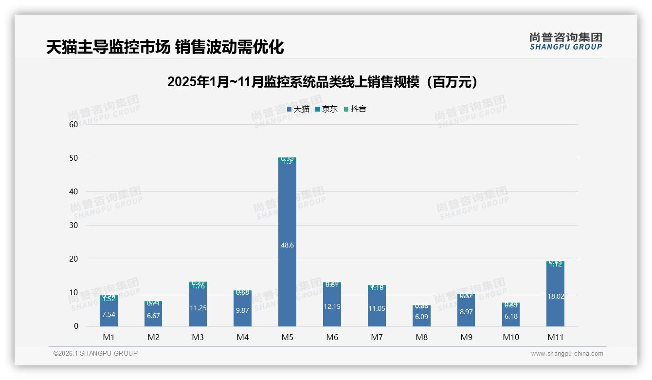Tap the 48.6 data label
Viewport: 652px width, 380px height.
(x=287, y=245)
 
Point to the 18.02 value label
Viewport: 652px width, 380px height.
(x=555, y=296)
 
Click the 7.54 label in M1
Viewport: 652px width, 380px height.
(x=109, y=314)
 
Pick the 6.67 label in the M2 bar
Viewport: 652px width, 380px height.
(x=153, y=316)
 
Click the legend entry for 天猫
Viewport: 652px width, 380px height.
(x=298, y=109)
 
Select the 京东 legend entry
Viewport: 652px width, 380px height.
(x=326, y=109)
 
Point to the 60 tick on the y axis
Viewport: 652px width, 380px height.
(x=73, y=124)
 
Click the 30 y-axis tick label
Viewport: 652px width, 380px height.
(x=73, y=225)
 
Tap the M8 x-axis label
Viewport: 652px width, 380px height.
(x=421, y=337)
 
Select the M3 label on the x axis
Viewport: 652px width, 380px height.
(x=198, y=337)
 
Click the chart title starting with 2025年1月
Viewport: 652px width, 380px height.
(x=323, y=82)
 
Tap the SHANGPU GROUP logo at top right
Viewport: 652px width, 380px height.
(x=565, y=41)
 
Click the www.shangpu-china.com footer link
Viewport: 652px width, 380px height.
(x=567, y=354)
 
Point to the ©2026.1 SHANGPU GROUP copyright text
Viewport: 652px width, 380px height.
(x=95, y=353)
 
